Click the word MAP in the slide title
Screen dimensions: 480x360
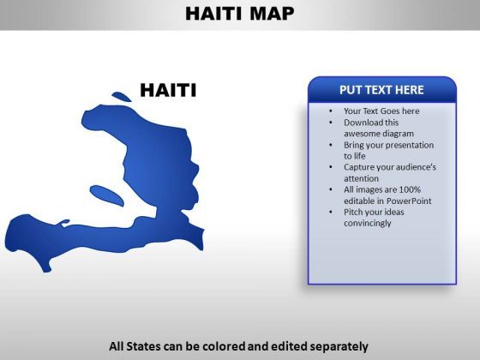click(272, 14)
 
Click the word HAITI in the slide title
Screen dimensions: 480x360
click(213, 14)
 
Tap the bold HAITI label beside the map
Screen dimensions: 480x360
click(168, 90)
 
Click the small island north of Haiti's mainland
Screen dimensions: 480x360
click(122, 97)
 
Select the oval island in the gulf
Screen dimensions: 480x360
click(107, 195)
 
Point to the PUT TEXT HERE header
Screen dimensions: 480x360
click(381, 90)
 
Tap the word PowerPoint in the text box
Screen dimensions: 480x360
click(409, 201)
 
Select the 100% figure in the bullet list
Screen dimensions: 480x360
click(410, 189)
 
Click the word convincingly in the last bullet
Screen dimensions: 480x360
click(368, 224)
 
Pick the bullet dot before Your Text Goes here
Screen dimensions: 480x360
click(331, 111)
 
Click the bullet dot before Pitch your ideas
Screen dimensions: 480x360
click(331, 213)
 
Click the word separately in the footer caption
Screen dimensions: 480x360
click(339, 347)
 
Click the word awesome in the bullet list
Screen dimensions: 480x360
click(361, 134)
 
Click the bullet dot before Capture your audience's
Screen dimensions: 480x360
click(331, 167)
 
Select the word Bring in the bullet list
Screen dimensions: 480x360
click(353, 145)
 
